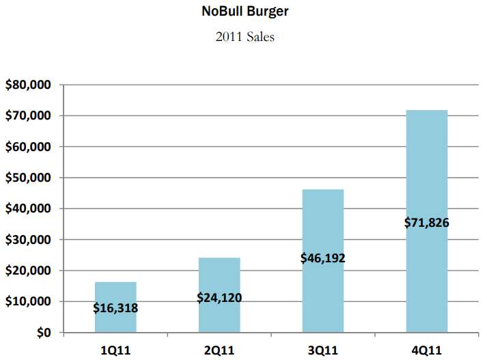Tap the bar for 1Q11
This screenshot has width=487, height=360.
point(115,290)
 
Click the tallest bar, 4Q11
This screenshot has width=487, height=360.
point(427,171)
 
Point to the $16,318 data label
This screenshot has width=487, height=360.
point(115,308)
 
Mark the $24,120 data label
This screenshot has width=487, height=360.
point(219,298)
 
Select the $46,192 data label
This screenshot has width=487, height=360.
point(323,258)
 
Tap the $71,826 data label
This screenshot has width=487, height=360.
point(427,223)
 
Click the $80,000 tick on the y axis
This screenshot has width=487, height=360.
point(29,85)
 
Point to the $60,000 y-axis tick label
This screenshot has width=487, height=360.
point(29,147)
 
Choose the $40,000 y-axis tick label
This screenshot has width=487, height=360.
point(29,209)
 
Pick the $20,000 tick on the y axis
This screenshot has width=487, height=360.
point(29,271)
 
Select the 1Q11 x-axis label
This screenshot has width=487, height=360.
point(115,350)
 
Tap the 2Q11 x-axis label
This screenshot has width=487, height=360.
point(219,350)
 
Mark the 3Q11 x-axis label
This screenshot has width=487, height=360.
point(323,350)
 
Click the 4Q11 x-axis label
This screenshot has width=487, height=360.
point(427,350)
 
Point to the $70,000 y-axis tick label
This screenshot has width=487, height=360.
point(29,116)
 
